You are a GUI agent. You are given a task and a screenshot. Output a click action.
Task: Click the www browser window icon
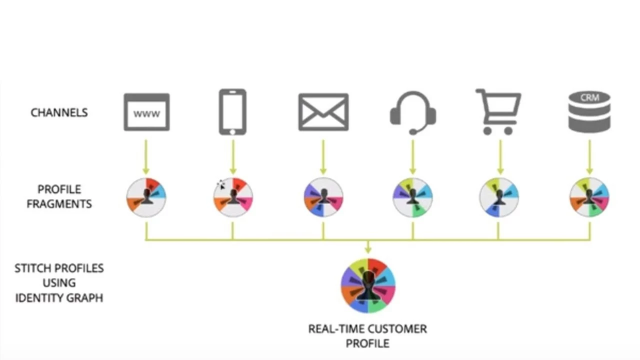(x=146, y=112)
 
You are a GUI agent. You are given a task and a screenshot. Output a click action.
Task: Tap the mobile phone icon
(x=232, y=111)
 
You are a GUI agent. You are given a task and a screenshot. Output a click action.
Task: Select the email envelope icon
(x=323, y=112)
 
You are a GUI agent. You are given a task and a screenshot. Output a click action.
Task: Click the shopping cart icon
(x=498, y=111)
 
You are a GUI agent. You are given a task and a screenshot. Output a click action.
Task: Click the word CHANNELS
(x=59, y=112)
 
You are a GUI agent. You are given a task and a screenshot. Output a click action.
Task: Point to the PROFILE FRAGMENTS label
(x=59, y=196)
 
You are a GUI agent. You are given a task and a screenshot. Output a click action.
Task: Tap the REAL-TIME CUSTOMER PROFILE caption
(x=367, y=336)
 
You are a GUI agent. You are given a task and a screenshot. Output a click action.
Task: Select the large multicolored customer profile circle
(x=368, y=285)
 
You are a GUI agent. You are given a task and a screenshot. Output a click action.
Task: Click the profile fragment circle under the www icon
(x=146, y=197)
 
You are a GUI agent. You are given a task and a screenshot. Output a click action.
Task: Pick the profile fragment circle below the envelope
(x=323, y=197)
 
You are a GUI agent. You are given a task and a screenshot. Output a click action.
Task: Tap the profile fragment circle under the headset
(x=412, y=197)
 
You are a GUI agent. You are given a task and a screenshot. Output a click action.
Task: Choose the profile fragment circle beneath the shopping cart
(x=498, y=197)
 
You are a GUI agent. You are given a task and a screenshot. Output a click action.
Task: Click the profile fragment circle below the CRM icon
(x=589, y=197)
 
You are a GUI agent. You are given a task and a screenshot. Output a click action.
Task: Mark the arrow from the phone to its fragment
(x=232, y=156)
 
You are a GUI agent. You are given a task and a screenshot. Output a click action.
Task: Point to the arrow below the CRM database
(x=589, y=156)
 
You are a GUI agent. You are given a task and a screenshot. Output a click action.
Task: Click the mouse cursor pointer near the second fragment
(x=220, y=185)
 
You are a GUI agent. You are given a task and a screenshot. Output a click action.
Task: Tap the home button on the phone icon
(x=232, y=131)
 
